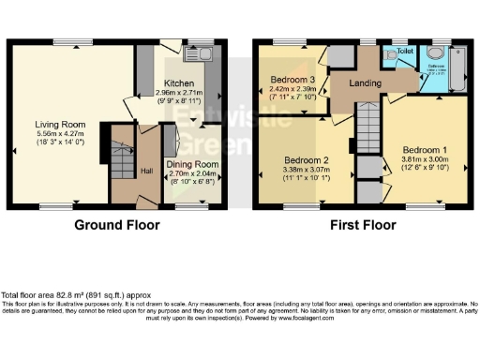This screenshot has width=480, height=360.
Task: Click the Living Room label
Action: click(54, 124)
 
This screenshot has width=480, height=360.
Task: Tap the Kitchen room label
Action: click(179, 83)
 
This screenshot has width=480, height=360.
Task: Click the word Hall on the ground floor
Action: click(122, 171)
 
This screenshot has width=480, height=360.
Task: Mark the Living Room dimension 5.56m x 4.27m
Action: click(54, 134)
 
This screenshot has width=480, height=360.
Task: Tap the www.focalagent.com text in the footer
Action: click(303, 317)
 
